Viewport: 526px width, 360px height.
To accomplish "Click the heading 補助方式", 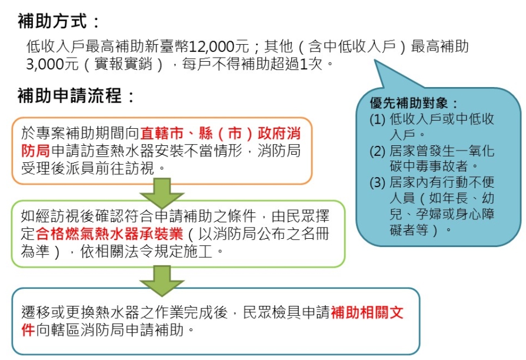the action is pos(52,21).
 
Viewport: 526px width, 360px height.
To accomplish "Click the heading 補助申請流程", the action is pos(69,96).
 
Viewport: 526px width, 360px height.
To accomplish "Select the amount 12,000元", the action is pos(219,46).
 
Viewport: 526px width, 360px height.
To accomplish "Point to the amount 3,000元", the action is pos(52,64).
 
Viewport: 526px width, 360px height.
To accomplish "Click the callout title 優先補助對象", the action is pos(408,103).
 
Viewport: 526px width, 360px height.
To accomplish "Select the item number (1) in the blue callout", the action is pos(378,119).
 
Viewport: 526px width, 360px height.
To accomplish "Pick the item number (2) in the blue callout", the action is pos(378,151).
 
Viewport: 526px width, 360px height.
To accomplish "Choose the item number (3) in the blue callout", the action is pos(378,182).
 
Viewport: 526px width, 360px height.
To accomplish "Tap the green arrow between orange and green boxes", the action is pos(162,192).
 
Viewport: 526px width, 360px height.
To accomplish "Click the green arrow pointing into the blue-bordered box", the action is pos(162,281).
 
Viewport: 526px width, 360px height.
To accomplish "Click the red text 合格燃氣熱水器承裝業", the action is pos(109,234).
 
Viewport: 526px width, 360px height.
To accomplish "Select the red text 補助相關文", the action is pos(367,313).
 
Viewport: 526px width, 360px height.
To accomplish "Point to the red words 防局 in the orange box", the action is pos(35,151).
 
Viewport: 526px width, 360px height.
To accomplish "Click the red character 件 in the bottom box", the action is pos(28,330).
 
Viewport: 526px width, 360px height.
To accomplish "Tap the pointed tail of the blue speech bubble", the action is pos(375,61).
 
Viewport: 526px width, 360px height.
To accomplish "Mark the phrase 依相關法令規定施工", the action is pos(147,251).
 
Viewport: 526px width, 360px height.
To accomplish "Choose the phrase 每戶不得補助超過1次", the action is pos(252,64).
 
